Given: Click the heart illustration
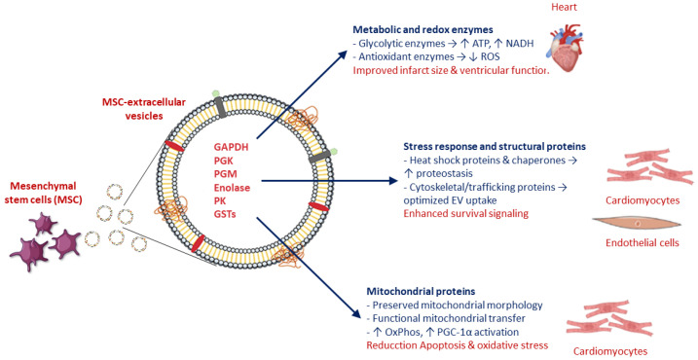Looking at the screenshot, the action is pyautogui.click(x=566, y=47).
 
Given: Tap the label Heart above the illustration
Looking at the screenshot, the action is pyautogui.click(x=564, y=7).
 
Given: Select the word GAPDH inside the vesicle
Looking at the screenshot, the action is pyautogui.click(x=231, y=147).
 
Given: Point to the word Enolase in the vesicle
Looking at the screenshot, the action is pyautogui.click(x=232, y=188).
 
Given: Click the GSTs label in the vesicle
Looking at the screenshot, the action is pyautogui.click(x=225, y=214).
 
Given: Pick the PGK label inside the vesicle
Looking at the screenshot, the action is pyautogui.click(x=224, y=161).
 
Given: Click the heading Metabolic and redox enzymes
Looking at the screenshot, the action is pyautogui.click(x=422, y=30).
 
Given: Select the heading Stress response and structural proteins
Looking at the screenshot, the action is pyautogui.click(x=495, y=146).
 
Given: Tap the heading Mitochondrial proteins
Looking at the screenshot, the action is pyautogui.click(x=421, y=292).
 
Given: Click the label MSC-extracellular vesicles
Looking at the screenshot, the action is pyautogui.click(x=144, y=109).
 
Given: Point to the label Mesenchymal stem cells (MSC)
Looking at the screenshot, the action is pyautogui.click(x=43, y=193).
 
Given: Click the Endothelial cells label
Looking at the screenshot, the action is pyautogui.click(x=643, y=242).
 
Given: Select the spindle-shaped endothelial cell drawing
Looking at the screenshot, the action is pyautogui.click(x=637, y=223).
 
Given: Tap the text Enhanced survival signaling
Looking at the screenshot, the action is pyautogui.click(x=466, y=214).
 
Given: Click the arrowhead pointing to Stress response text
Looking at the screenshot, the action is pyautogui.click(x=392, y=181).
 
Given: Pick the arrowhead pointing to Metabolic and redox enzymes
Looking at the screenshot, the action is pyautogui.click(x=342, y=54).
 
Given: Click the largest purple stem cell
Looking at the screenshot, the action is pyautogui.click(x=29, y=252).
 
